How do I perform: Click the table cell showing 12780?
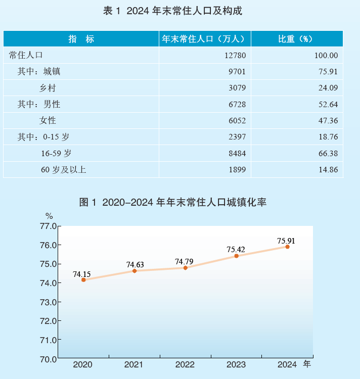pos(235,56)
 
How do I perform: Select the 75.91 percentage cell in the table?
pos(327,72)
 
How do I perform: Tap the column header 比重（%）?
pos(296,39)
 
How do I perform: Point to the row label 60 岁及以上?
pos(63,170)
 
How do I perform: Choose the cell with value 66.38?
pos(327,153)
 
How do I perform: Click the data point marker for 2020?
pos(83,279)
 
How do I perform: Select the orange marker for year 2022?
pos(186,268)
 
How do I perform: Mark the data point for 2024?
pos(287,247)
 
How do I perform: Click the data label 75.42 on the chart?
pos(236,249)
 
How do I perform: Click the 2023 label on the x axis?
pos(236,364)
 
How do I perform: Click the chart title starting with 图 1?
pos(173,203)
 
